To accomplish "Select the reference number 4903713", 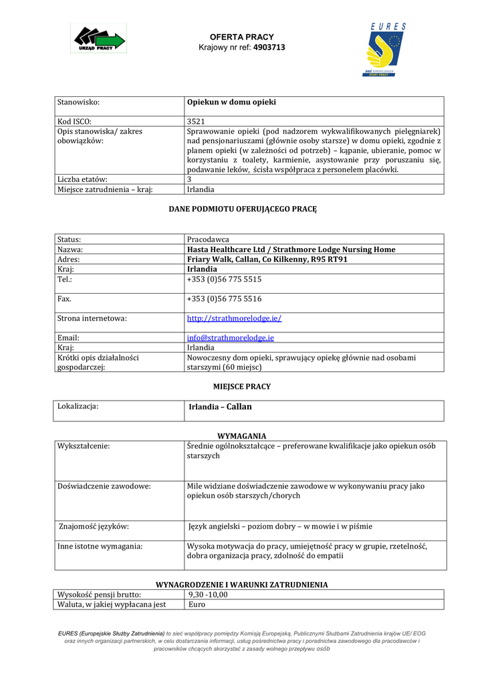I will pos(270,47).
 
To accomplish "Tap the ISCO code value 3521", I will pos(196,122).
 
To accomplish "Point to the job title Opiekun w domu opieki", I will pos(231,102).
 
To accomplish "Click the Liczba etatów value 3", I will pos(189,179).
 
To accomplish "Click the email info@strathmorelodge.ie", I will pos(230,338).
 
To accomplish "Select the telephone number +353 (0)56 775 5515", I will pos(224,279).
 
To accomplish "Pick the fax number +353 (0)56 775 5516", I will pos(224,299).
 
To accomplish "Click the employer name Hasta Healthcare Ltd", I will pos(237,250).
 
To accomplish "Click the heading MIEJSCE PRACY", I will pos(241,387).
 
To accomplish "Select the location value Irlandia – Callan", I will pos(220,407).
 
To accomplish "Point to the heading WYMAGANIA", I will pos(241,435).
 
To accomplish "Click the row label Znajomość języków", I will pos(94,526).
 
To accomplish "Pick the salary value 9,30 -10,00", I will pos(207,594).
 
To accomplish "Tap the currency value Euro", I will pos(197,604).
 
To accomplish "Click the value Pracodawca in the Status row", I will pos(208,239).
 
